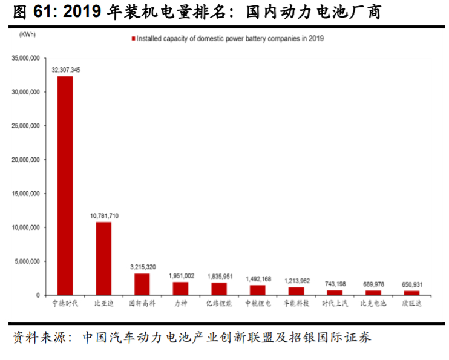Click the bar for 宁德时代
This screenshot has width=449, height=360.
(x=65, y=185)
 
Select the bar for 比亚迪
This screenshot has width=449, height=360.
(x=103, y=258)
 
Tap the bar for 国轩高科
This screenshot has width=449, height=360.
(x=142, y=284)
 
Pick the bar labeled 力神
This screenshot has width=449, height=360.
(x=180, y=288)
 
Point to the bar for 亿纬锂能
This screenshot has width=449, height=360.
(x=219, y=289)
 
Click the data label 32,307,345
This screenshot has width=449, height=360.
(x=65, y=70)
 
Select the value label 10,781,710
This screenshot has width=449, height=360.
(x=104, y=216)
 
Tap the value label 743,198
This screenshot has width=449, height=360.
(x=335, y=284)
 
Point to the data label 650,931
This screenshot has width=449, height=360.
(x=412, y=284)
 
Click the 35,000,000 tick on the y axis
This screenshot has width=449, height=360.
(x=25, y=58)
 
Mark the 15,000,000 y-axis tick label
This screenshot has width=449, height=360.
(x=25, y=194)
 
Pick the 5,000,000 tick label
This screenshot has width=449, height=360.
(x=27, y=261)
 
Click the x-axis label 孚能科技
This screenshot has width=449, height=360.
(x=297, y=303)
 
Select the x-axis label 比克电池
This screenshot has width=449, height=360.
(x=373, y=303)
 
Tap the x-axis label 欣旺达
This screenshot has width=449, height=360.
(x=412, y=303)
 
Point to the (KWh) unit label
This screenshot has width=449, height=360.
(x=28, y=35)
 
